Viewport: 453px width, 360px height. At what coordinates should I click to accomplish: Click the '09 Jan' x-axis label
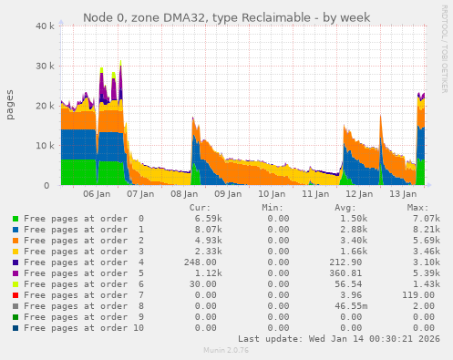[228, 194]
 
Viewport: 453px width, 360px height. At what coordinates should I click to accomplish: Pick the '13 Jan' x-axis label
[403, 194]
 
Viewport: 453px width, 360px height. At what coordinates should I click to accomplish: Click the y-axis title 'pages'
[10, 106]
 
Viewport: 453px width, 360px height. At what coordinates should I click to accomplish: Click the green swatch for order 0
[15, 219]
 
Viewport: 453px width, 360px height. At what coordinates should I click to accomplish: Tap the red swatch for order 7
[15, 295]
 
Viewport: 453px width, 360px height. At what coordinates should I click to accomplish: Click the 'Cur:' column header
[200, 208]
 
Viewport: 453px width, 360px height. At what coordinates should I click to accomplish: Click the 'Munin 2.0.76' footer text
[226, 349]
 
